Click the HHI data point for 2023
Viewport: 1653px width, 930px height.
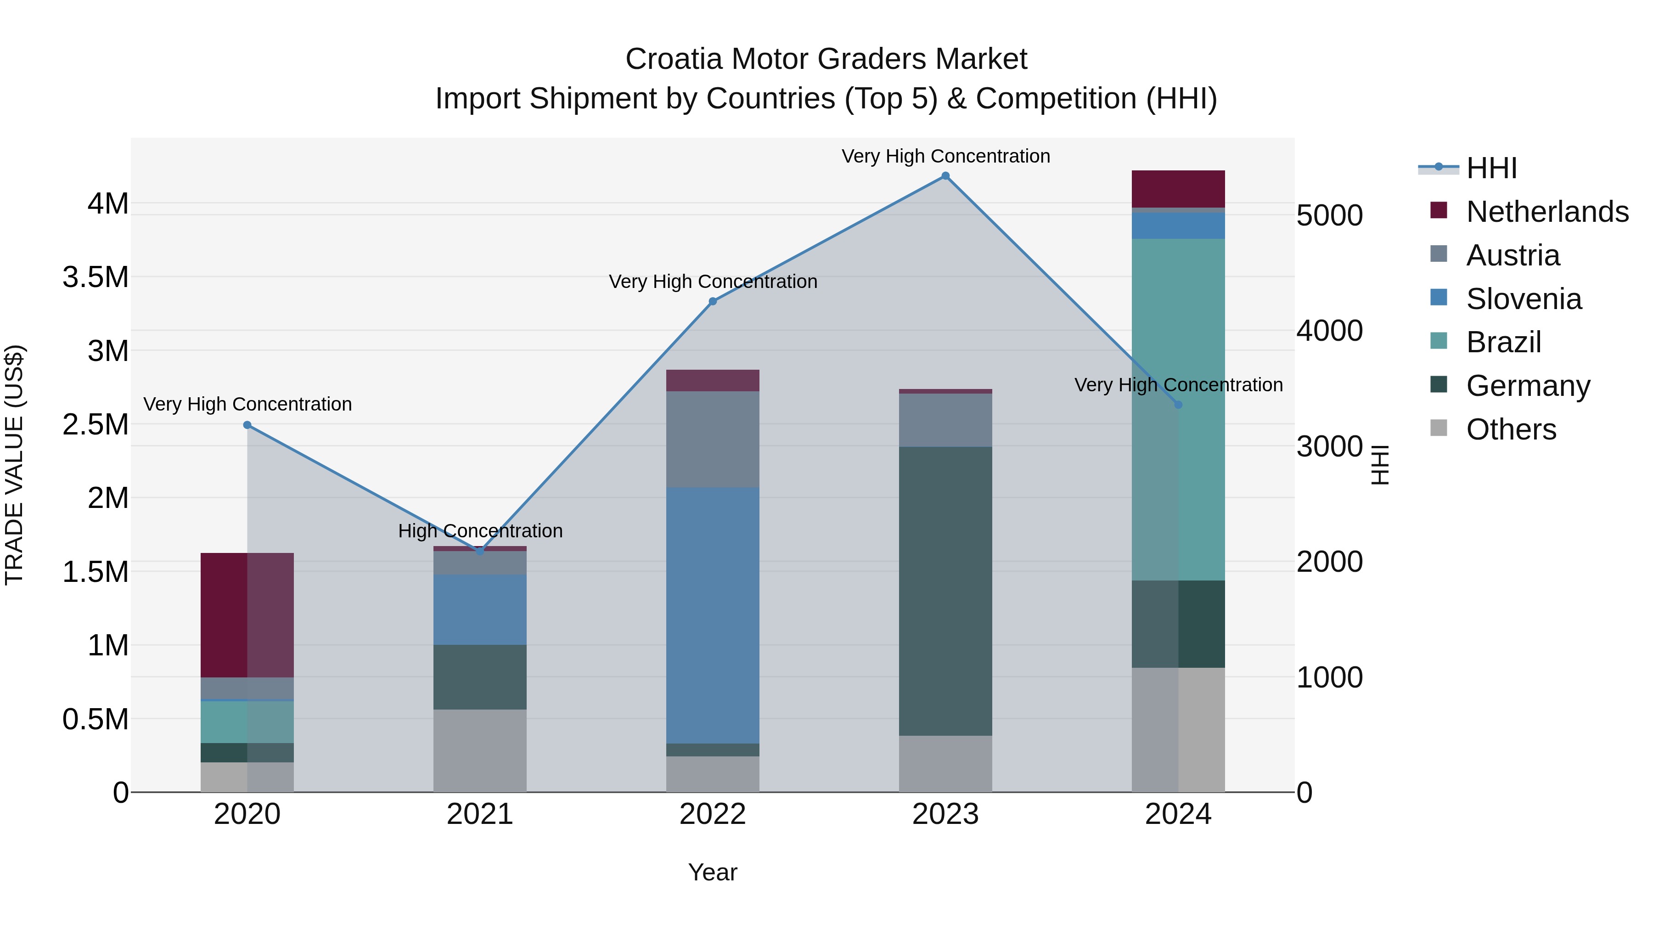(945, 176)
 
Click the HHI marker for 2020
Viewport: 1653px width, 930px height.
(247, 425)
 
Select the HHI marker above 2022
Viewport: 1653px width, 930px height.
(712, 301)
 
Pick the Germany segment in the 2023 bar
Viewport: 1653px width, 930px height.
(945, 591)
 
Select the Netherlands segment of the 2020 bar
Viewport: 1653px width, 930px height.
(247, 615)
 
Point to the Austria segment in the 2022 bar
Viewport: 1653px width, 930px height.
(712, 439)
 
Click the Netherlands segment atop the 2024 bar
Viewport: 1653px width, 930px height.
(1178, 189)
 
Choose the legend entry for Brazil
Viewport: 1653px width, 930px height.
(1503, 342)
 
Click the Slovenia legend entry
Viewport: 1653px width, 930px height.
(1524, 299)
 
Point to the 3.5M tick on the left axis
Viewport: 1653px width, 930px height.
(96, 277)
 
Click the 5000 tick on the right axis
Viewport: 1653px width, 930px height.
(1329, 216)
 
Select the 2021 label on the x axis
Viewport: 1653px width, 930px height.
(480, 814)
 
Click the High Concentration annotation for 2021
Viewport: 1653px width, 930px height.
(480, 531)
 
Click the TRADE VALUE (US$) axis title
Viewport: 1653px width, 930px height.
(14, 465)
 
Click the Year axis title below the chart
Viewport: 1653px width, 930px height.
(712, 872)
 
